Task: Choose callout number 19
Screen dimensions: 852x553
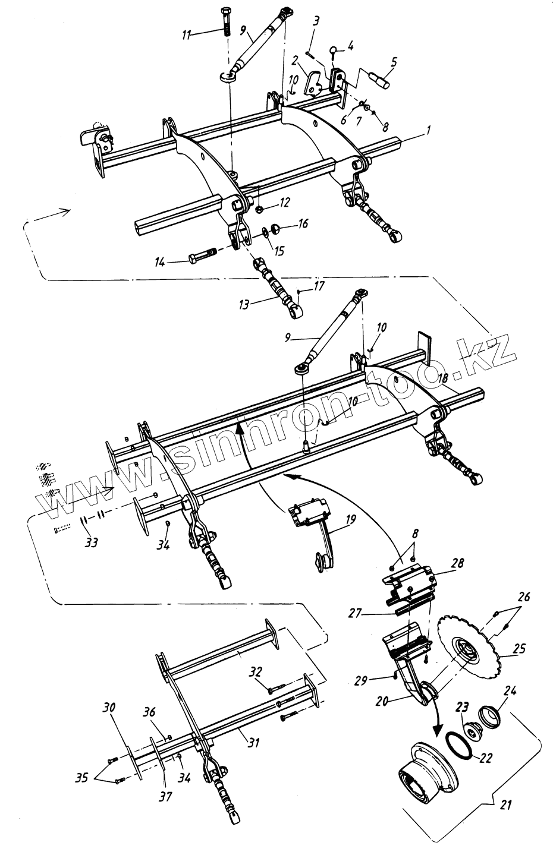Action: point(350,520)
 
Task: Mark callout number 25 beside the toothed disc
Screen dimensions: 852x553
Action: point(519,649)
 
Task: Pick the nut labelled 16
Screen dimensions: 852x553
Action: point(275,228)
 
